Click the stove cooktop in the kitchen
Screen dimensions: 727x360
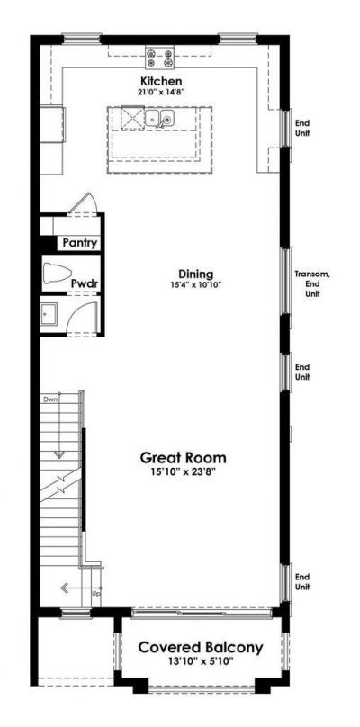click(x=160, y=58)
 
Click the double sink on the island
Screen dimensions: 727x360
click(x=160, y=119)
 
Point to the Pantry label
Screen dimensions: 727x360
click(x=79, y=243)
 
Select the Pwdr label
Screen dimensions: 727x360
click(x=85, y=284)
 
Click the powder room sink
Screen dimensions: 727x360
click(x=50, y=314)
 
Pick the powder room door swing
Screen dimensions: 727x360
click(x=84, y=318)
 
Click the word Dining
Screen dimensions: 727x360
click(x=194, y=274)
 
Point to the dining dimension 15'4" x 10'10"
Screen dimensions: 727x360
click(x=194, y=285)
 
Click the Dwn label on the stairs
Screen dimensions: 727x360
click(x=49, y=398)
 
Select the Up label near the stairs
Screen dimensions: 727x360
click(x=96, y=595)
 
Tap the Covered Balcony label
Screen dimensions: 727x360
click(x=200, y=648)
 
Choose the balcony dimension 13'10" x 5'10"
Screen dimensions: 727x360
click(x=200, y=662)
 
